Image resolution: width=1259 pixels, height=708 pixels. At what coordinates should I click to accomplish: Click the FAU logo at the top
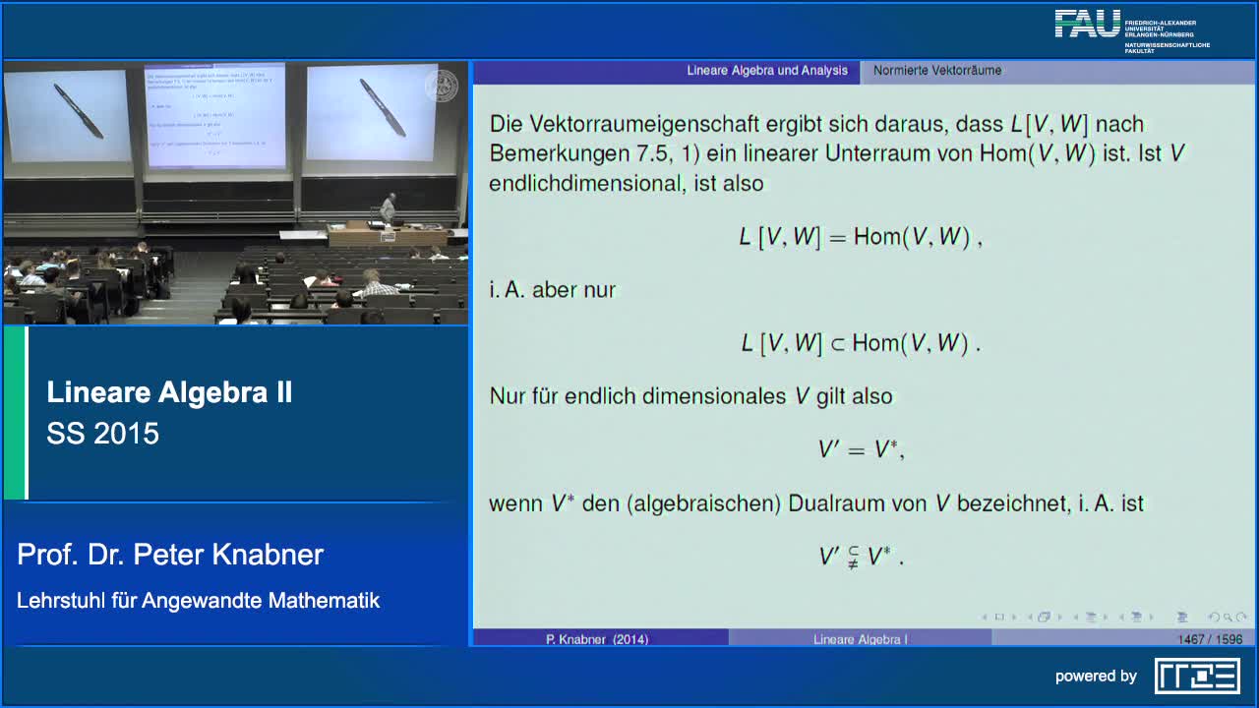1088,24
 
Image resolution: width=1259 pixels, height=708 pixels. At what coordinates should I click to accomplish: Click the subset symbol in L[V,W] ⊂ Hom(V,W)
837,343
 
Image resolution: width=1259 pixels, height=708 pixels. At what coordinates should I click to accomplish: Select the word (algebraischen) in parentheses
705,503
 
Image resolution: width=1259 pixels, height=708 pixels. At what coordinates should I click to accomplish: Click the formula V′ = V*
861,450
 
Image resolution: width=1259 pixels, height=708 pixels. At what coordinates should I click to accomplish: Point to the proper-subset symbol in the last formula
852,557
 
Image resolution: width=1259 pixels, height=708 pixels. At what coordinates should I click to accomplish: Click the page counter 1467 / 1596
1210,639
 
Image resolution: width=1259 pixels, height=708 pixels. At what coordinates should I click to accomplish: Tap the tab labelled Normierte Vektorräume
937,71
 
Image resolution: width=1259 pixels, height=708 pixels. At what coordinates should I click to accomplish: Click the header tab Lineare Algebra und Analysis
766,71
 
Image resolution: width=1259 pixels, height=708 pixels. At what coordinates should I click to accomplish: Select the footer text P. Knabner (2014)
597,639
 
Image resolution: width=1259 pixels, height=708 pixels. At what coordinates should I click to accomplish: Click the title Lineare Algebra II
169,393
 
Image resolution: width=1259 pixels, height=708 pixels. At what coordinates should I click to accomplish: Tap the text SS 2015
102,434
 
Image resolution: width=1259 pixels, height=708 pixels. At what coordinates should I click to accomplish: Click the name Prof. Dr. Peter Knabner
170,555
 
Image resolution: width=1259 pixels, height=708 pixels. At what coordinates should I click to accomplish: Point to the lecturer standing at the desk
389,207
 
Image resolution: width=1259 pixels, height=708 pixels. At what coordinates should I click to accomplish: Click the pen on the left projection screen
78,110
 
